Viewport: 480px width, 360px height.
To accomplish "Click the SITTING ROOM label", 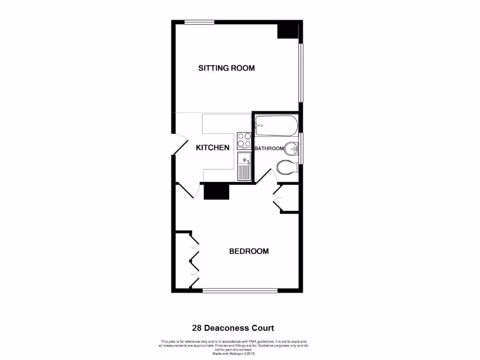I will (x=226, y=68).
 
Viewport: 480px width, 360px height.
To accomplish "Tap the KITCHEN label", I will (x=212, y=148).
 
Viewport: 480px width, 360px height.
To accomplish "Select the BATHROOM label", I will (x=269, y=149).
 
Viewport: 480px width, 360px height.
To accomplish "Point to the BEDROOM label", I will (x=249, y=251).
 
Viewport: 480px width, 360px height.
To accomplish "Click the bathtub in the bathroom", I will (x=276, y=125).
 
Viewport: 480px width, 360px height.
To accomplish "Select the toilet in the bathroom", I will (x=286, y=167).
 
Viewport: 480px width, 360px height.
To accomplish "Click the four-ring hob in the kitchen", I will (x=244, y=140).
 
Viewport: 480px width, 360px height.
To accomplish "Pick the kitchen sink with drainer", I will (x=244, y=166).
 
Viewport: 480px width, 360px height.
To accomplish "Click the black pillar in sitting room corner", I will (x=287, y=30).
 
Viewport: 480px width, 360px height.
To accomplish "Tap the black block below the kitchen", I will (x=216, y=191).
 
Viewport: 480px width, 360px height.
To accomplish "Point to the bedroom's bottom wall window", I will (x=240, y=291).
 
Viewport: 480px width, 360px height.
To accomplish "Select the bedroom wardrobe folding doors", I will (x=194, y=260).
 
